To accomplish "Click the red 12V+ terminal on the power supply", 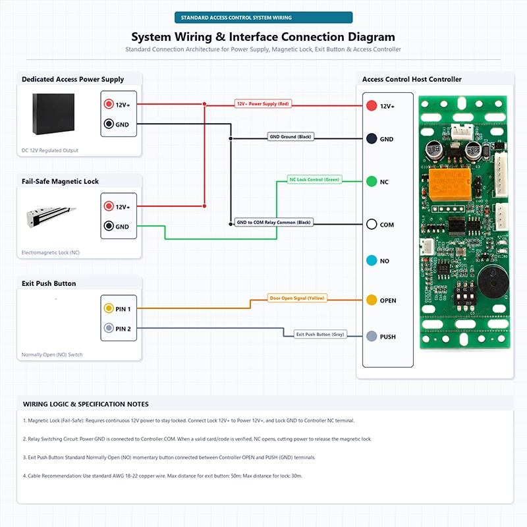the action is tap(109, 104).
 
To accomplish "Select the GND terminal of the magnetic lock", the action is tap(109, 226).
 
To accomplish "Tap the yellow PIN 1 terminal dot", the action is tap(109, 308).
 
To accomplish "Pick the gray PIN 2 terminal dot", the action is tap(109, 327).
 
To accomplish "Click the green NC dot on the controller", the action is tap(372, 181).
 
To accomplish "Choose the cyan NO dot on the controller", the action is tap(372, 260).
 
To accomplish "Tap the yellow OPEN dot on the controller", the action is tap(372, 300).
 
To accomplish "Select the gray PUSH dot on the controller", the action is tap(372, 336).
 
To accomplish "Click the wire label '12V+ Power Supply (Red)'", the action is tap(263, 104).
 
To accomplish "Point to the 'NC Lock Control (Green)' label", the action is tap(314, 179).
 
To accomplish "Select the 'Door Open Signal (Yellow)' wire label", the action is tap(297, 298).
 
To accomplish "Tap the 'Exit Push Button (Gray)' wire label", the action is tap(320, 335).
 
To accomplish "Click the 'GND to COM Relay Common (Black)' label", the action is tap(273, 222).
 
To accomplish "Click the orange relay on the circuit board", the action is tap(450, 185).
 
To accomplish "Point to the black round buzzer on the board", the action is tap(493, 283).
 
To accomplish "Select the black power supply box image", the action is tap(53, 114).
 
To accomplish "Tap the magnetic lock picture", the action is tap(51, 217).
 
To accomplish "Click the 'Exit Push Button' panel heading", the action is tap(49, 283).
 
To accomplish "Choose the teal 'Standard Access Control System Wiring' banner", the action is tap(263, 18).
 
